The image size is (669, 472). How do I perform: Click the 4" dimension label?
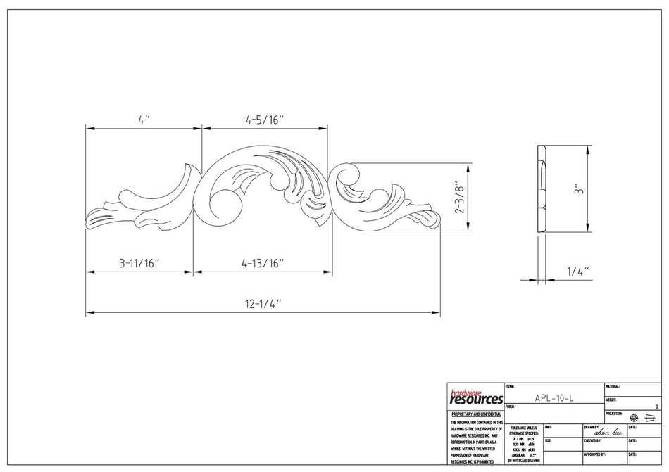click(x=144, y=120)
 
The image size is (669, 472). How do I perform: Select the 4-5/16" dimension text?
click(x=264, y=120)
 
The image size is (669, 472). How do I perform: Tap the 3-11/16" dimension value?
click(x=139, y=264)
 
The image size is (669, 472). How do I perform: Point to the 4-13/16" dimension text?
click(x=263, y=264)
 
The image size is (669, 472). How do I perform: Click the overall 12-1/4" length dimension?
click(x=263, y=304)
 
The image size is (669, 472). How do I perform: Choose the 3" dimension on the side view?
click(x=577, y=189)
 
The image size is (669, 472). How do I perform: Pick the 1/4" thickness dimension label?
click(x=577, y=271)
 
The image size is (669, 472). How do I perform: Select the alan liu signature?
click(x=608, y=433)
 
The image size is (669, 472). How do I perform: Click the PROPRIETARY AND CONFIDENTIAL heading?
click(x=475, y=415)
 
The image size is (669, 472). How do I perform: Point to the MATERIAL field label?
click(x=612, y=387)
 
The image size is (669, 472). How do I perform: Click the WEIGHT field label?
click(x=611, y=400)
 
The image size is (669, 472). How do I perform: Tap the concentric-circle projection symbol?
click(x=634, y=418)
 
